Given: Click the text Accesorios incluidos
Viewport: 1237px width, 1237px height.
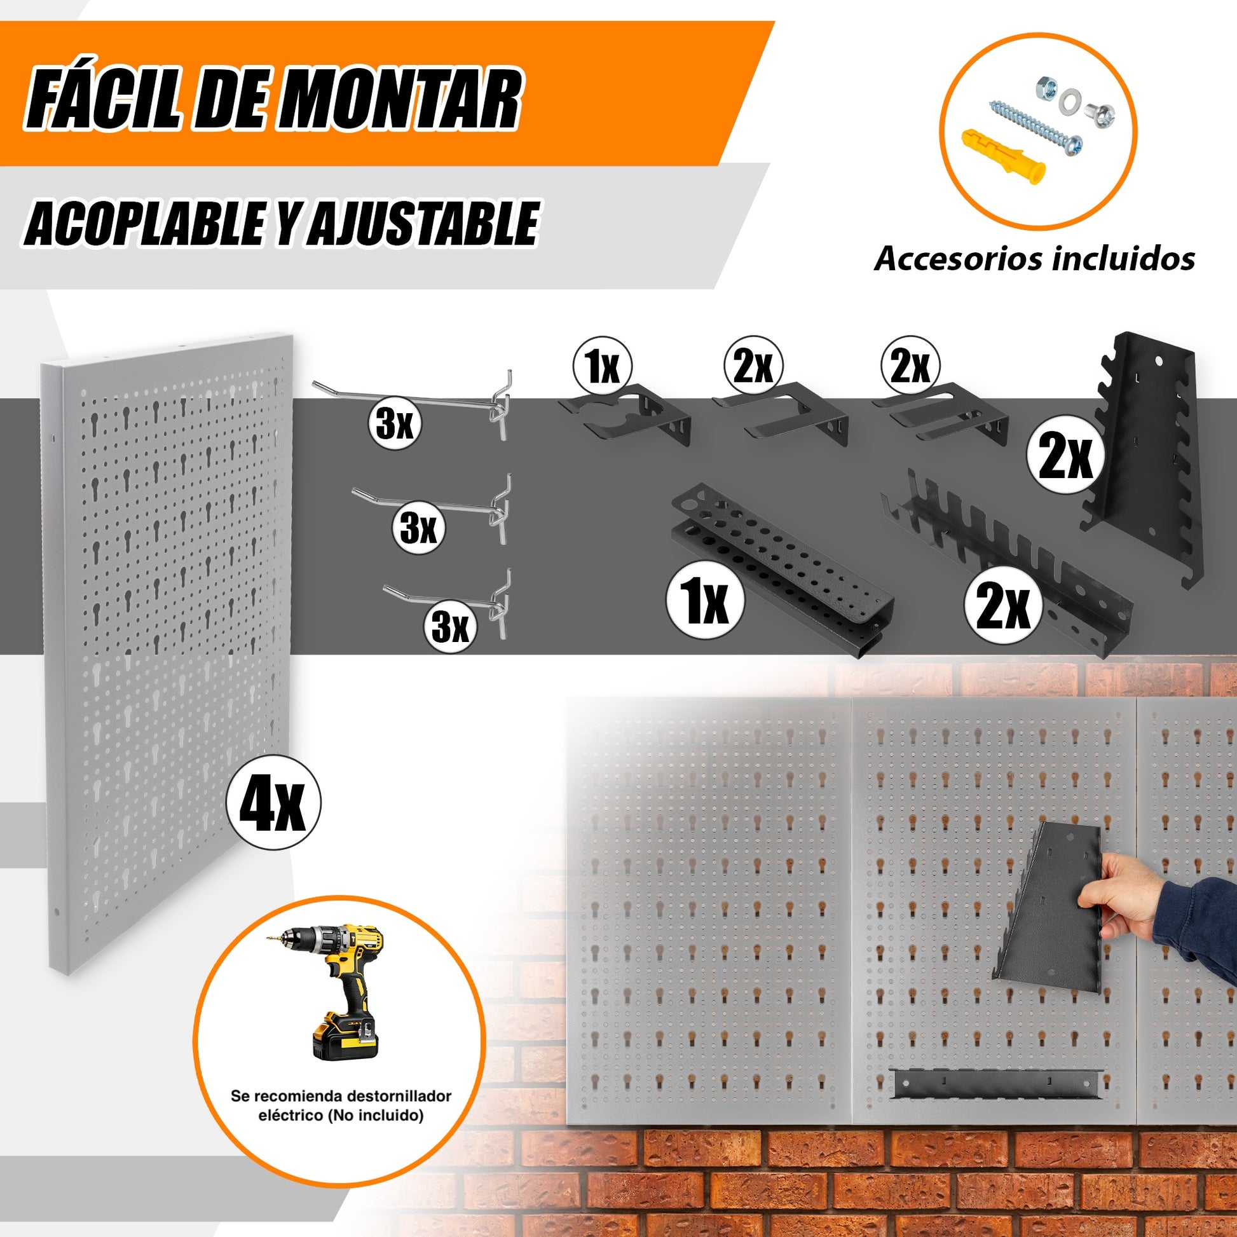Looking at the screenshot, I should click(1034, 259).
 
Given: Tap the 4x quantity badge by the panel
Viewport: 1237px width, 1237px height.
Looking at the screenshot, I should click(274, 802).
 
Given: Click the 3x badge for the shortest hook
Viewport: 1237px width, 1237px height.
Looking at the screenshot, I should click(450, 627).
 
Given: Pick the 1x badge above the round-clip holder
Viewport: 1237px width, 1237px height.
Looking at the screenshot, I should click(603, 367).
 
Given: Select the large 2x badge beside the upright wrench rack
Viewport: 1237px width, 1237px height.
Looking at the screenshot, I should click(1065, 456).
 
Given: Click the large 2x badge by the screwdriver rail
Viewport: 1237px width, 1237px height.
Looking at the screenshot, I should click(1003, 605).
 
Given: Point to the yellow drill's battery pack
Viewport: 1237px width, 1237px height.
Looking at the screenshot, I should click(345, 1042).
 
